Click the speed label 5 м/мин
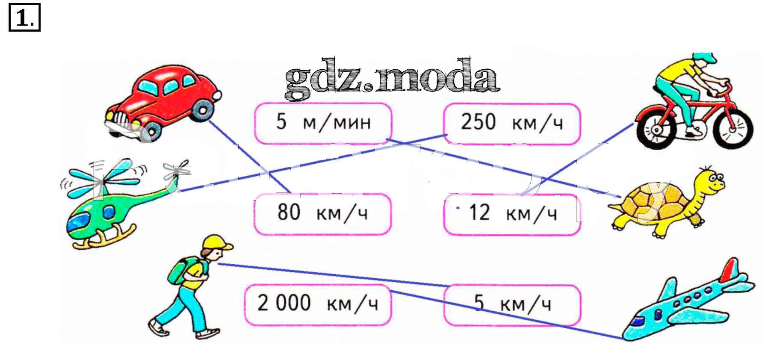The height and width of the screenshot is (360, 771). tap(323, 123)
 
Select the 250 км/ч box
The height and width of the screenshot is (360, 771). tap(512, 123)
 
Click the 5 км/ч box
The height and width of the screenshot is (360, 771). tap(512, 304)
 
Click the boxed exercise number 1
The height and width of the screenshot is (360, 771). tap(24, 18)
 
